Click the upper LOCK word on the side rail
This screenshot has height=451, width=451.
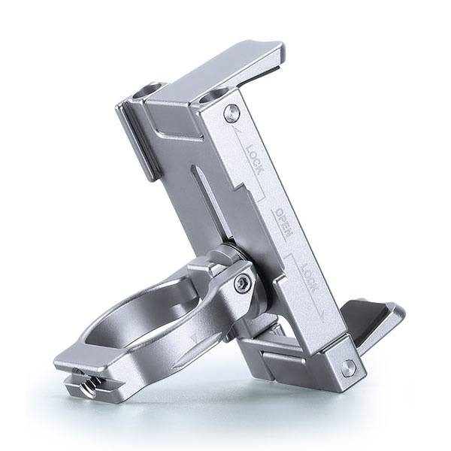(255, 159)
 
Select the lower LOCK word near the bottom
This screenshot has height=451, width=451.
(309, 278)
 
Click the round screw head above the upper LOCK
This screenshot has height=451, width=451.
(232, 111)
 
